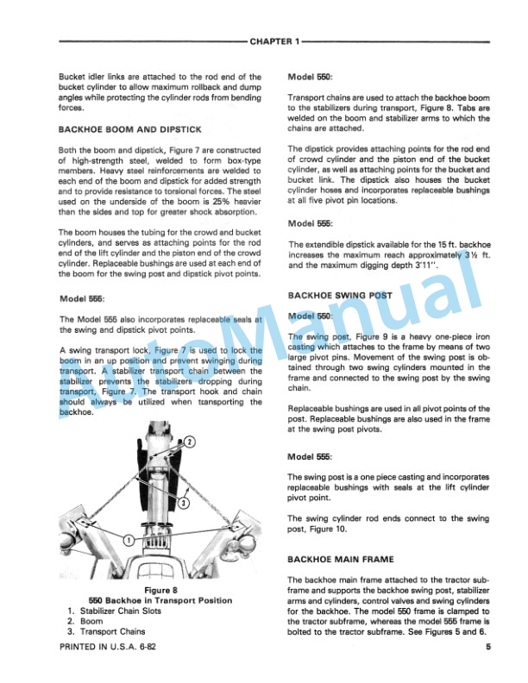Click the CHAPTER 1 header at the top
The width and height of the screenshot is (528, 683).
tap(273, 41)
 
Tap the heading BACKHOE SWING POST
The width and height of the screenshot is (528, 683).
tap(340, 295)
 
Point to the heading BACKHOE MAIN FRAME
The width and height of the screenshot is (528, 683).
tap(340, 559)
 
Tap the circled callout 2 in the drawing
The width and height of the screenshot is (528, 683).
tap(192, 442)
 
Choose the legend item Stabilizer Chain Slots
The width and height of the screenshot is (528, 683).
tap(124, 611)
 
